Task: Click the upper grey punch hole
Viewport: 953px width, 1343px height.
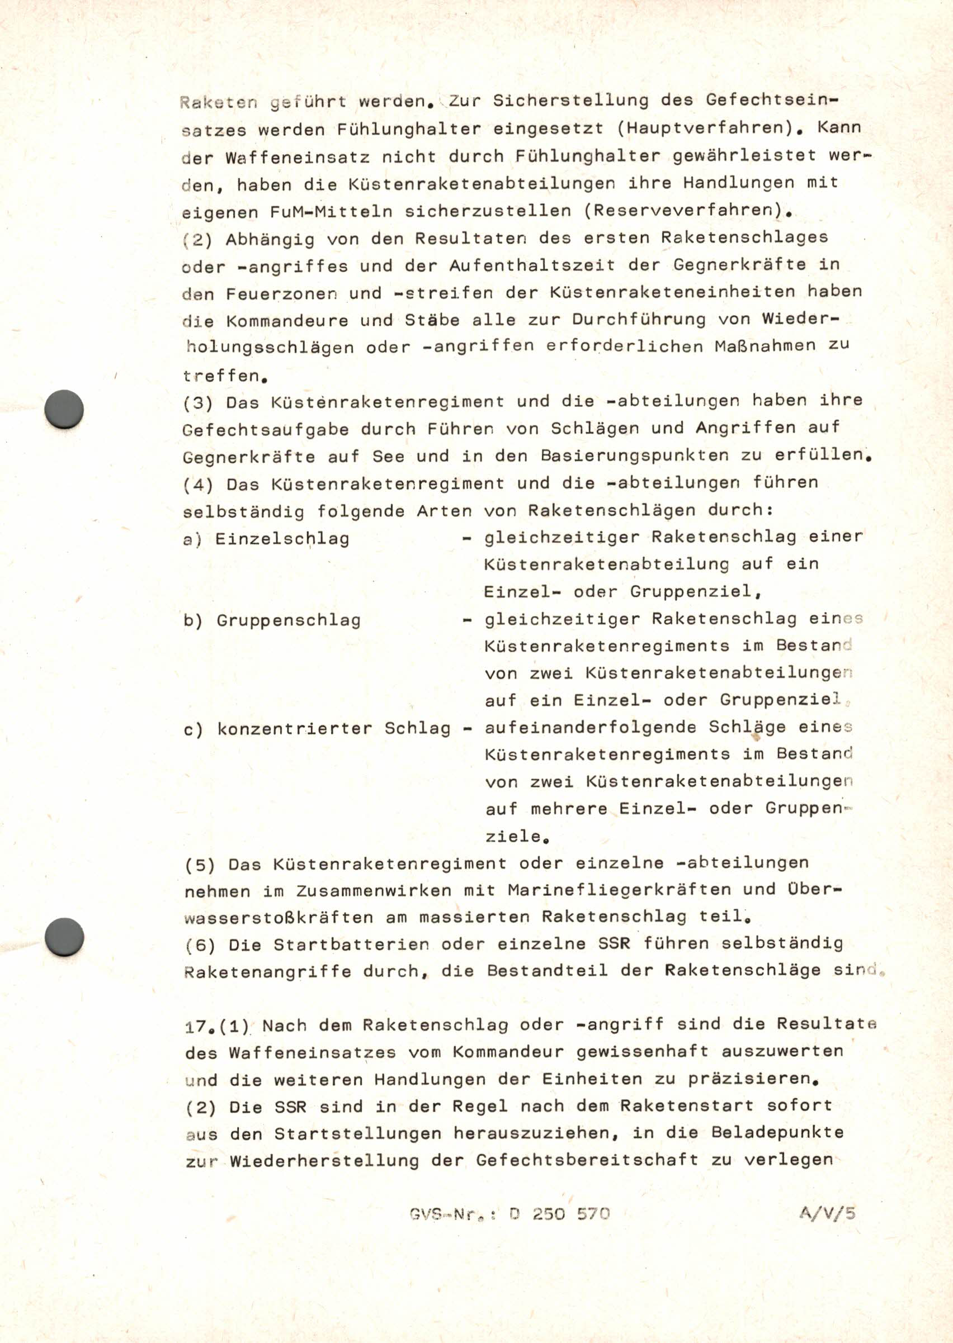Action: [64, 409]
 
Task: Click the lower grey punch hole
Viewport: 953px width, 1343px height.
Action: [64, 937]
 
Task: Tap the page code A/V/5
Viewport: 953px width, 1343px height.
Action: [827, 1213]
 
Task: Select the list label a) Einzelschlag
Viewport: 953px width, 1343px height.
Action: [266, 538]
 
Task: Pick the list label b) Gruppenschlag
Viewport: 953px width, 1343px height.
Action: [272, 620]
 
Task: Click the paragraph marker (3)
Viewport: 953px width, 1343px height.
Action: [198, 403]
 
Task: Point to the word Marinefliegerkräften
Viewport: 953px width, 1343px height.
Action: [619, 890]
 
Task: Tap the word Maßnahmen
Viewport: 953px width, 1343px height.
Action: [765, 345]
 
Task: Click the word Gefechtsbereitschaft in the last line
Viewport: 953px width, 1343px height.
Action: [587, 1160]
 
